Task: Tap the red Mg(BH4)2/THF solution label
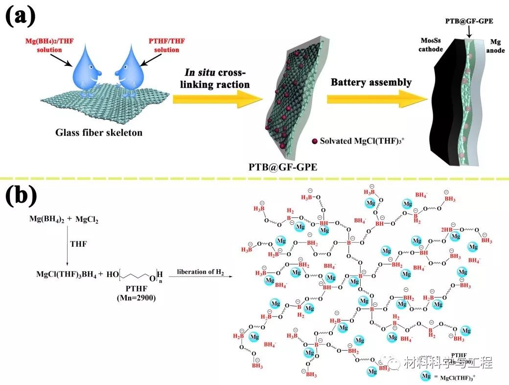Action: pos(47,46)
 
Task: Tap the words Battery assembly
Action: pos(371,82)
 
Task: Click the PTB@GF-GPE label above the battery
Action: pos(469,21)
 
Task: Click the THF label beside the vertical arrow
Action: pos(78,244)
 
